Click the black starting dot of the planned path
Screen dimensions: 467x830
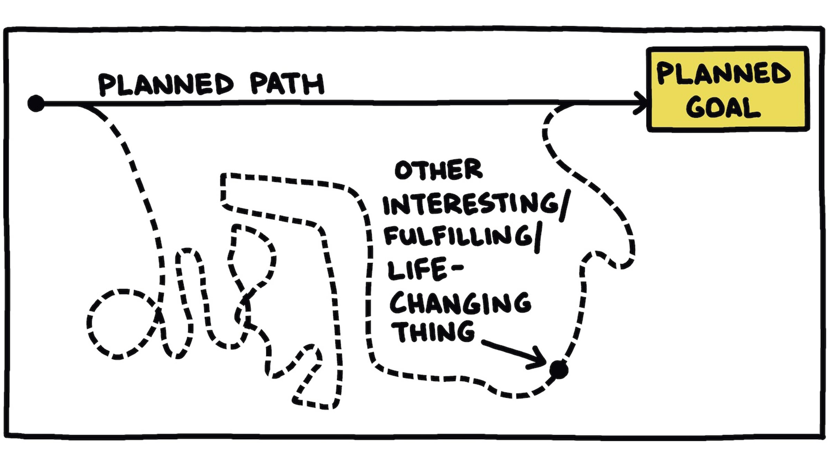(x=36, y=103)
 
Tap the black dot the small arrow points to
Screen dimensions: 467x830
(x=559, y=369)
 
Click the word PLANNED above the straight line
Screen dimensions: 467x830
(x=166, y=84)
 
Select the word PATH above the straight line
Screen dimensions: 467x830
(x=287, y=84)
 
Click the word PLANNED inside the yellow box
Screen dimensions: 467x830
(x=724, y=73)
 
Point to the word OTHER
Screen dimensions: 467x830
(x=438, y=170)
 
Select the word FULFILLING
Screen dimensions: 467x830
(x=458, y=236)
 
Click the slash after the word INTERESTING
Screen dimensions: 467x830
(x=564, y=206)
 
